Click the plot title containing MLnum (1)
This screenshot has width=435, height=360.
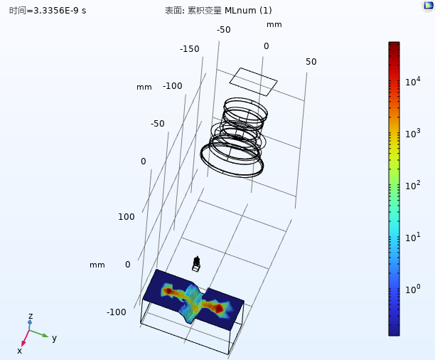(x=218, y=11)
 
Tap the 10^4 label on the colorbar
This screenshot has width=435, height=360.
(x=413, y=81)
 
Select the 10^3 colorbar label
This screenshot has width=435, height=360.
(x=413, y=133)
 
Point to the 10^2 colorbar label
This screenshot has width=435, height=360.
(x=413, y=185)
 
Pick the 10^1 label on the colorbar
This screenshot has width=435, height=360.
(x=413, y=237)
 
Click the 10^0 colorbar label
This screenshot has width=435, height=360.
(x=413, y=289)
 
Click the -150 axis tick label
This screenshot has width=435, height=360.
(x=190, y=49)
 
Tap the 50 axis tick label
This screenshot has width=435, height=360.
(x=311, y=62)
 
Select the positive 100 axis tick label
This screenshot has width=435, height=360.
(x=127, y=217)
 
